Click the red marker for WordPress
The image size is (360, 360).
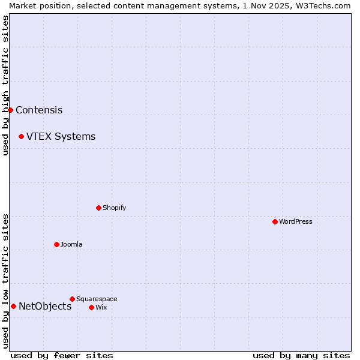275,221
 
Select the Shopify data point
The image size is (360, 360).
98,208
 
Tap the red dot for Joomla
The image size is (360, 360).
56,244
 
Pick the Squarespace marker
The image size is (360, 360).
72,299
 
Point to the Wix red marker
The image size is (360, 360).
91,307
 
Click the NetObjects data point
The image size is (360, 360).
13,306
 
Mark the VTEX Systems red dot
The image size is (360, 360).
21,136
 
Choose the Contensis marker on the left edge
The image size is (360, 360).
10,110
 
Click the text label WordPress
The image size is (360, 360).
296,221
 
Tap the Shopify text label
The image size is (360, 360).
115,208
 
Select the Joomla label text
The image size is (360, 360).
71,244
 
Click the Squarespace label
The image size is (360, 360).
97,299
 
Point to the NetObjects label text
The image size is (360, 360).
45,307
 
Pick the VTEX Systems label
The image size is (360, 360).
61,136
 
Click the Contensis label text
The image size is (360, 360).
39,110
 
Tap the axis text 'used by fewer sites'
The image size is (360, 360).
62,355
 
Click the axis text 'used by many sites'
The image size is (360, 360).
301,355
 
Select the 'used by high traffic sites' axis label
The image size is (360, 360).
5,85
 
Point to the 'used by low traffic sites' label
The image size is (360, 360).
5,281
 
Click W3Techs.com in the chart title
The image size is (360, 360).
324,5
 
